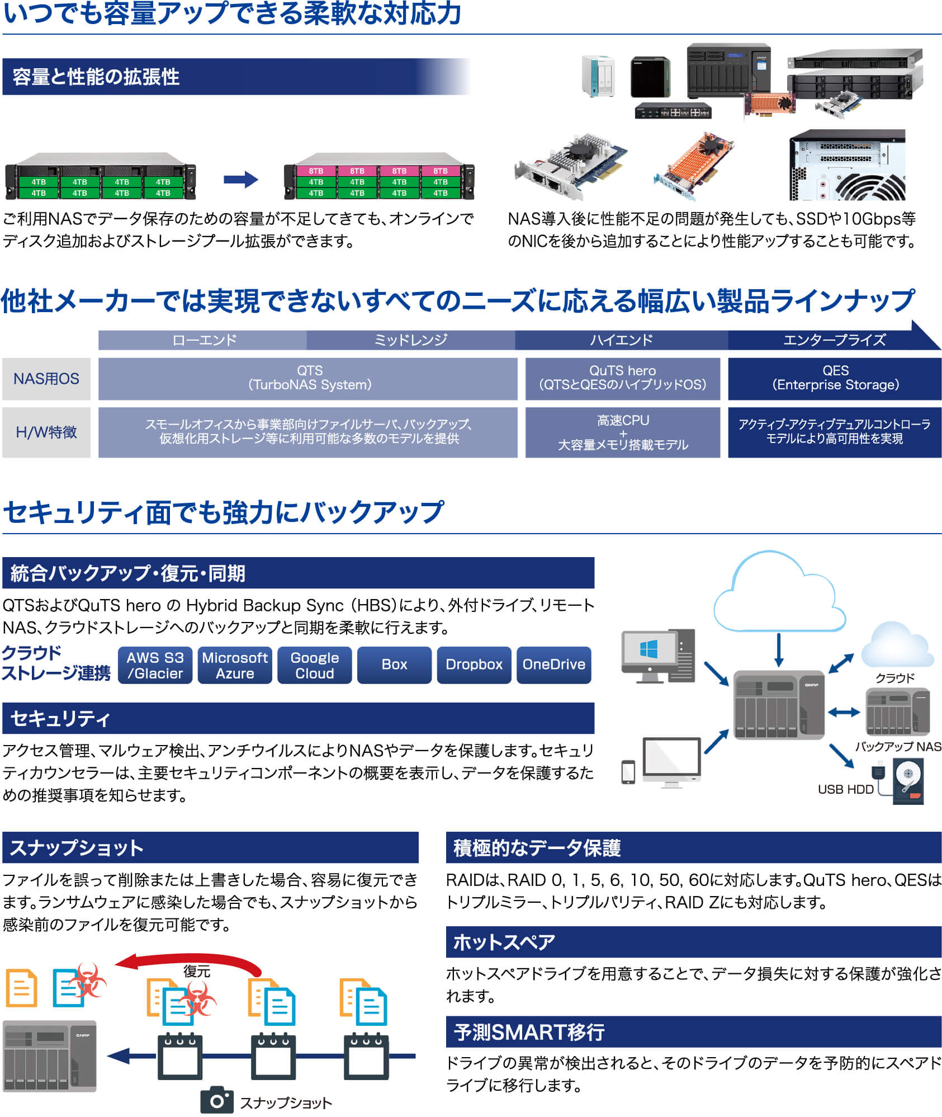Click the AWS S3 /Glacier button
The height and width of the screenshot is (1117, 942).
[x=155, y=665]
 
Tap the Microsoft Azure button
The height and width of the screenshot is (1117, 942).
[x=235, y=665]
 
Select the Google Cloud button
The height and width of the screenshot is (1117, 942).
[x=315, y=665]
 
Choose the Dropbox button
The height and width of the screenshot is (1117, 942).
[x=474, y=665]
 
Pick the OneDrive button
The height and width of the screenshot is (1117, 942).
[x=554, y=665]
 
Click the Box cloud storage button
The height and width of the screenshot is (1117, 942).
[x=394, y=665]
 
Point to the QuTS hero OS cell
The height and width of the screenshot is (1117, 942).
[x=622, y=379]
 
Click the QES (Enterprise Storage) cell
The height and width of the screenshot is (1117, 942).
[x=835, y=379]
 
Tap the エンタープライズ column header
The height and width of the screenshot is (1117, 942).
[x=834, y=340]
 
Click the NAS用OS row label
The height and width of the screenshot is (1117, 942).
[x=46, y=379]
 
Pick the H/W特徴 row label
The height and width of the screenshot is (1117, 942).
[x=46, y=432]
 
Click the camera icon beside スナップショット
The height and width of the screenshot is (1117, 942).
[x=217, y=1100]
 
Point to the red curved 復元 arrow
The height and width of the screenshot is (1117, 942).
[x=190, y=959]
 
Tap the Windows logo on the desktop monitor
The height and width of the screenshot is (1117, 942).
[x=648, y=649]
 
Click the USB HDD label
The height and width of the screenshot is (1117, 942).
[x=845, y=789]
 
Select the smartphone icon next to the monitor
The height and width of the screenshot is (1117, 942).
[x=628, y=772]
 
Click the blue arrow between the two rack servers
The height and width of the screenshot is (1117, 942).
[x=241, y=180]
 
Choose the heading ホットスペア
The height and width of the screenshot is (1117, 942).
[x=504, y=942]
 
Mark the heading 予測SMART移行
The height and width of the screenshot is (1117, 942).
[x=529, y=1032]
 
